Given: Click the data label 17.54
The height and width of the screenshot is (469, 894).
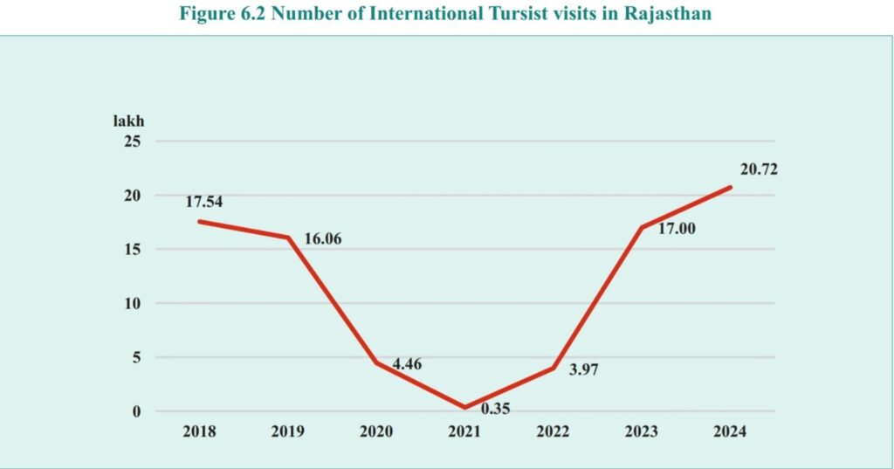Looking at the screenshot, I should (204, 202).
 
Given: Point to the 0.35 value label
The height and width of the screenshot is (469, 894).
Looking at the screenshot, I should (495, 408).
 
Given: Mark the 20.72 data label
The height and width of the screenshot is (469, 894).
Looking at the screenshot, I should (758, 169).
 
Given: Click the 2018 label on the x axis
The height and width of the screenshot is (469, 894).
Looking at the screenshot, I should (200, 432).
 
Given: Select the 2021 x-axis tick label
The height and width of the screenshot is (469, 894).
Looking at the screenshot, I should (464, 432).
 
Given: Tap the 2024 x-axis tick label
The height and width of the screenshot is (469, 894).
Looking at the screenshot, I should (730, 432).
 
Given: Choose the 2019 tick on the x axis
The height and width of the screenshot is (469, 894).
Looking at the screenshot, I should (288, 432).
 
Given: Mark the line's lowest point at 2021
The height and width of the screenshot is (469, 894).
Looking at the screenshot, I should (464, 407).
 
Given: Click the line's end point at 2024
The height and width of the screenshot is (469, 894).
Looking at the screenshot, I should (730, 187).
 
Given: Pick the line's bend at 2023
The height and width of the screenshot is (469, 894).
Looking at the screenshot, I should (642, 227).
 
